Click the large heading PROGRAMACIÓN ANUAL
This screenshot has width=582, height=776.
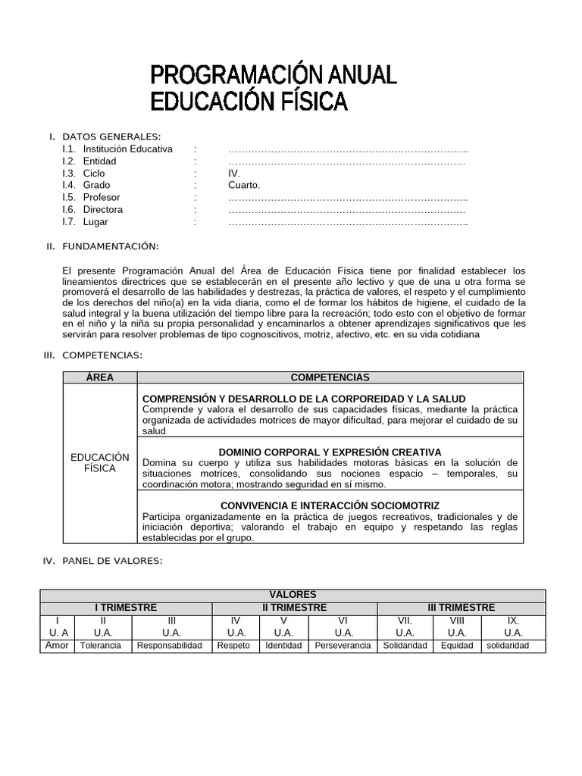(274, 75)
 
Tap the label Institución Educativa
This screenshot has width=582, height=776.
(127, 149)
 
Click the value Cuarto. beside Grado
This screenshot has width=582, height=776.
(243, 185)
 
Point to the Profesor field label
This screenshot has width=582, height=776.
(102, 197)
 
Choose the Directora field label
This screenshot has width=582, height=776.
(102, 209)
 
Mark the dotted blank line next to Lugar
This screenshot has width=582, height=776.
(347, 222)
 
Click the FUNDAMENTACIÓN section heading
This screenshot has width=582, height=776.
(110, 246)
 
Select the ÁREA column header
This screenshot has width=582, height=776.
(99, 377)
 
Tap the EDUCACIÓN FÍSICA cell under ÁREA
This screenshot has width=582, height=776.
(99, 462)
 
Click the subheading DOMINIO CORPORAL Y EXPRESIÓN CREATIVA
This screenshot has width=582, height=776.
(330, 452)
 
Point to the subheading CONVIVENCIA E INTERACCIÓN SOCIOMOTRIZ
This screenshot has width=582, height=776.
(330, 505)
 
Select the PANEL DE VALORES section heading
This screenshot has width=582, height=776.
(112, 561)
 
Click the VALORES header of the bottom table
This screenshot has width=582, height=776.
(293, 595)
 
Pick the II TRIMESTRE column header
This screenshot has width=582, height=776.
(294, 608)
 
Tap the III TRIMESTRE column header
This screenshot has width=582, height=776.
(461, 608)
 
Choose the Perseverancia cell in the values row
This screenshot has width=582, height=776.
(343, 646)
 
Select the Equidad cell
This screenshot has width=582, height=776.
(456, 646)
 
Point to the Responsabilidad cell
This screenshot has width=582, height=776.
(171, 646)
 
